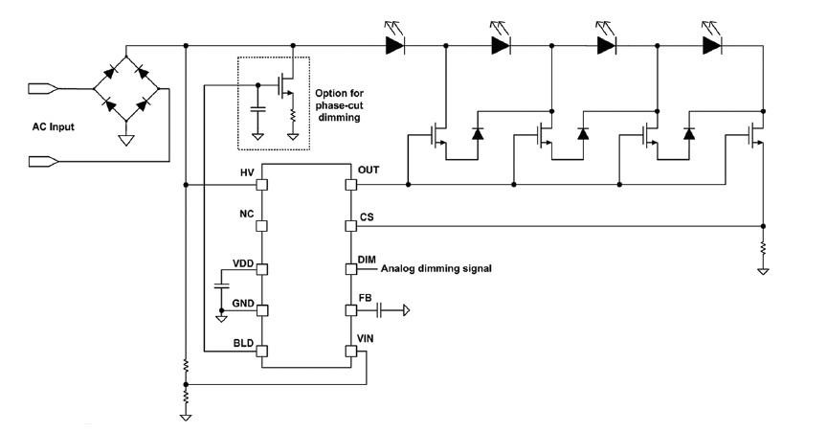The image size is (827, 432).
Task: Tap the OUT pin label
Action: (x=369, y=170)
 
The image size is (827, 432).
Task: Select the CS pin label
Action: (x=367, y=217)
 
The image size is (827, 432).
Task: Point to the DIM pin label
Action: (x=368, y=259)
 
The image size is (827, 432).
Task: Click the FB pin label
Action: (x=365, y=298)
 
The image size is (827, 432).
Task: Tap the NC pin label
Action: (x=246, y=216)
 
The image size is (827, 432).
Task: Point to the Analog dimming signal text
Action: (x=436, y=269)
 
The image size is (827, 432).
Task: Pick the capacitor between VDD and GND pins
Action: (x=221, y=286)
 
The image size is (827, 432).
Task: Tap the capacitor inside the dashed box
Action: (x=257, y=108)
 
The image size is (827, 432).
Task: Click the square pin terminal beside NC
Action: (x=260, y=226)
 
